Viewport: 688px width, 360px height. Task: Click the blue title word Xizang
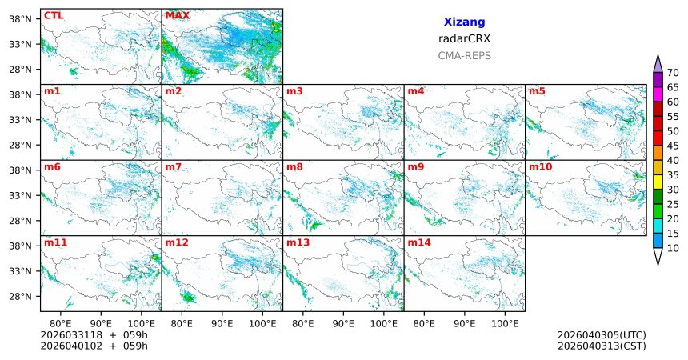(x=464, y=22)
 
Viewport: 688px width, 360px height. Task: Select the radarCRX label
(x=464, y=38)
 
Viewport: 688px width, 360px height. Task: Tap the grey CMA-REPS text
(x=464, y=56)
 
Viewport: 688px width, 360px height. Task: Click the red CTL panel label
(x=54, y=15)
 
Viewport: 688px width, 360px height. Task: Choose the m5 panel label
(x=537, y=91)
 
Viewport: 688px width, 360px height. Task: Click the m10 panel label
(x=540, y=166)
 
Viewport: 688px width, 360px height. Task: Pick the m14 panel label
(x=418, y=242)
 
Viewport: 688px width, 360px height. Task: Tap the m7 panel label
(x=174, y=166)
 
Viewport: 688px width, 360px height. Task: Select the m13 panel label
(x=298, y=242)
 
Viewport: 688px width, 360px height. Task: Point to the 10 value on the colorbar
(x=673, y=249)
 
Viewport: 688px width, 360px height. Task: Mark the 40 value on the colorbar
(x=673, y=161)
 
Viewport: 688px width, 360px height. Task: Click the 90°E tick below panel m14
(x=464, y=323)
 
